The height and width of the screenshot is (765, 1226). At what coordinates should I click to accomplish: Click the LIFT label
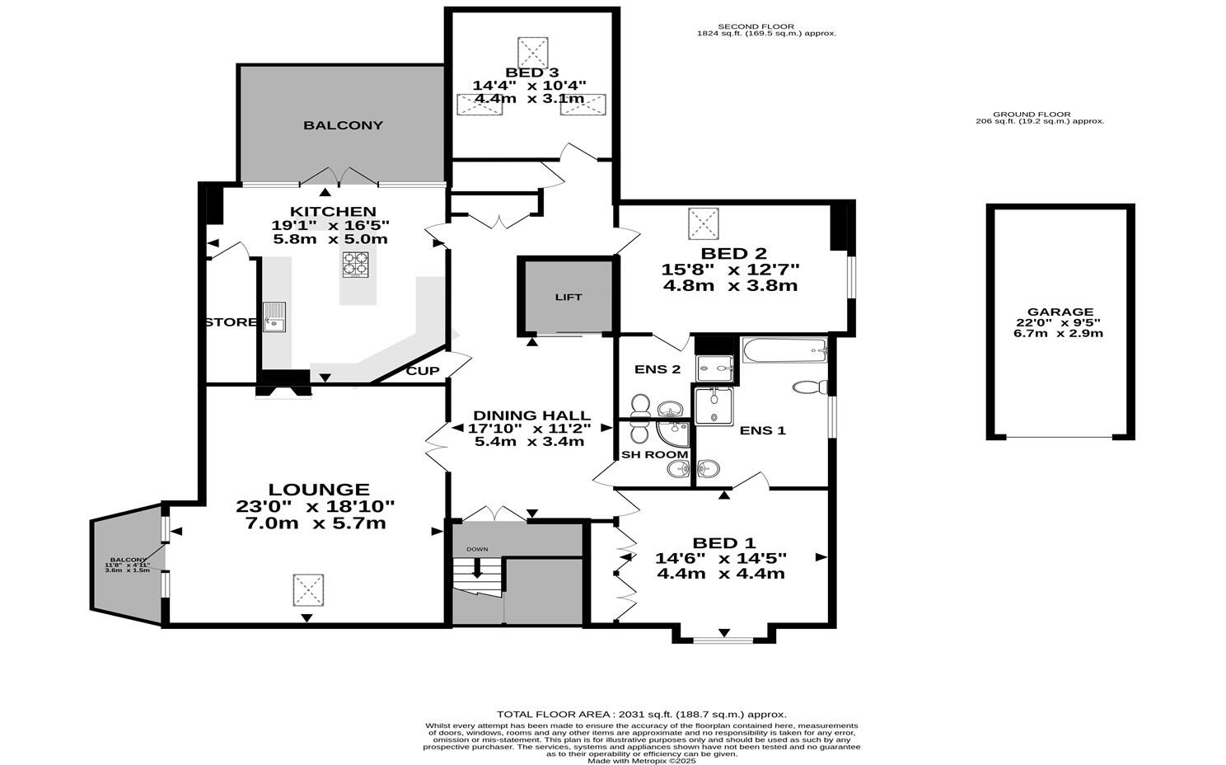569,298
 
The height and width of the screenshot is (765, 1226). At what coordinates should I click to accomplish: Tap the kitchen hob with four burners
356,264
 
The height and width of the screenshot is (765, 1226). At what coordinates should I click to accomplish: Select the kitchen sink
274,317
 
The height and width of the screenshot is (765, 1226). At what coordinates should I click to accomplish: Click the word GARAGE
1060,312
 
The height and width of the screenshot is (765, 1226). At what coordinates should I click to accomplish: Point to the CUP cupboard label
423,371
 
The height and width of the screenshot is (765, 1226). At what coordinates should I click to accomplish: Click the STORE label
231,322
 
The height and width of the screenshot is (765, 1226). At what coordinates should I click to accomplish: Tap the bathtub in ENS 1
784,350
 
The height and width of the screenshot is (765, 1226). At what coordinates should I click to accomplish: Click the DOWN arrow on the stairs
477,567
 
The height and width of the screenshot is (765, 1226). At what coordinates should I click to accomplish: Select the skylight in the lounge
308,589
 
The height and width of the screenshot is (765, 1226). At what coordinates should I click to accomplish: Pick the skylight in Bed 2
704,223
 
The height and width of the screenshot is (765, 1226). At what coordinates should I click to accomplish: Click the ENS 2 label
657,369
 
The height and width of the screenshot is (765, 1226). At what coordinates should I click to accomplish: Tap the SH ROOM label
654,454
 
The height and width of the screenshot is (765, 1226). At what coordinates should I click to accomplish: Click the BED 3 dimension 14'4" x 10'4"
529,86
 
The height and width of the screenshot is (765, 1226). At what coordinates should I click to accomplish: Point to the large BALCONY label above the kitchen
344,125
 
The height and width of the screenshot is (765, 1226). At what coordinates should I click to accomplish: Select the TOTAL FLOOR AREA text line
642,714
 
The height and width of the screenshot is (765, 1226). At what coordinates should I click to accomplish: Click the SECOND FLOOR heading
756,26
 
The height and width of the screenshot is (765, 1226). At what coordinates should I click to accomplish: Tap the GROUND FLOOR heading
1032,115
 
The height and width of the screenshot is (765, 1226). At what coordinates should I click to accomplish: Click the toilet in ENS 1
810,387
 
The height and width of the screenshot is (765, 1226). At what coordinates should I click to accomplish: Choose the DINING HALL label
531,415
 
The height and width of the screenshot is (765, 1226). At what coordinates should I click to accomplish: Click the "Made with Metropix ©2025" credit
642,761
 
